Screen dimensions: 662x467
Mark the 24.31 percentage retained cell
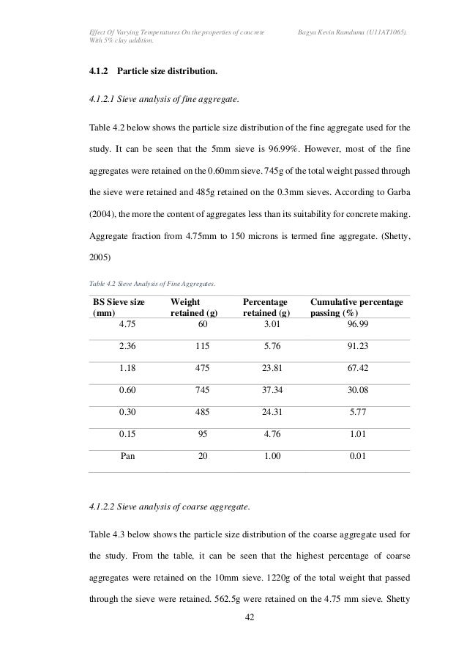pyautogui.click(x=275, y=411)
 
